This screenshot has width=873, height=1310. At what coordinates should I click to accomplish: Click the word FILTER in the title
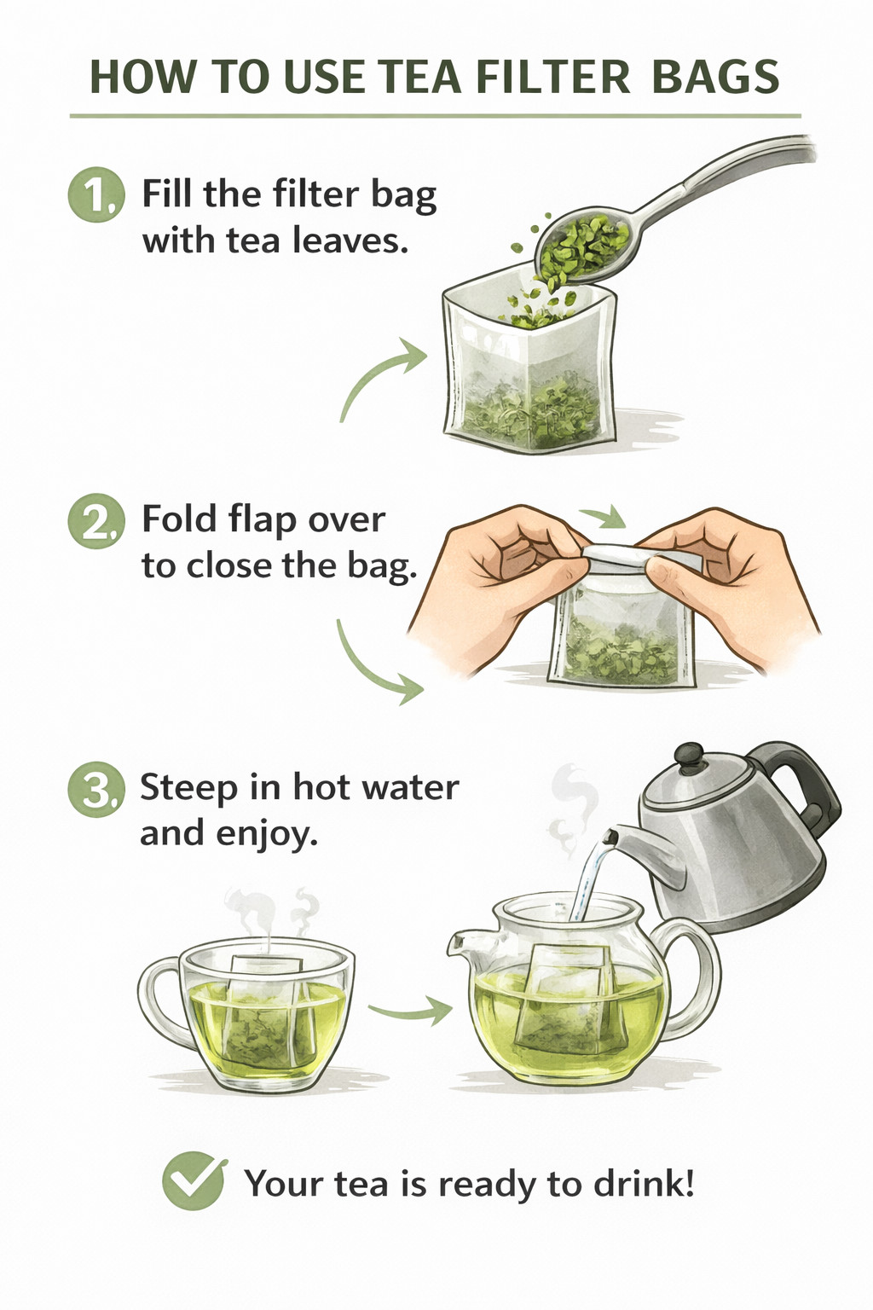(x=554, y=77)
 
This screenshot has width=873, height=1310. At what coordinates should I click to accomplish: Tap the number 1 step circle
(x=96, y=194)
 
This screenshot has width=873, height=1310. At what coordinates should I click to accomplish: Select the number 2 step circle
(x=96, y=520)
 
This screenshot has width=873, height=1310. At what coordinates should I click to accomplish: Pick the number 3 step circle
(x=96, y=790)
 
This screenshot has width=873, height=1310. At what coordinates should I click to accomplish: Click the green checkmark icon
(x=194, y=1182)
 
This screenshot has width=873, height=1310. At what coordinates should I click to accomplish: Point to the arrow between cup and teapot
(x=409, y=1010)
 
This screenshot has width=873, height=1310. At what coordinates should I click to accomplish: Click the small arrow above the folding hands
(x=602, y=515)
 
